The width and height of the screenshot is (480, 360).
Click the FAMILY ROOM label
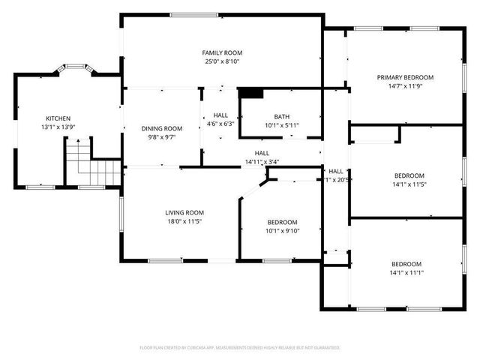pos(222,52)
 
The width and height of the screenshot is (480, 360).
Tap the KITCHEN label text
pos(58,118)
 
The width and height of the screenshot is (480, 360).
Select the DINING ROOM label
pos(162,128)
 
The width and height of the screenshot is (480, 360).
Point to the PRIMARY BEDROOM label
pos(405,77)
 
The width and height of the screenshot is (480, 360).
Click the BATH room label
pos(281,116)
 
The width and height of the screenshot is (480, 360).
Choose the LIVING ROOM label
pos(184,212)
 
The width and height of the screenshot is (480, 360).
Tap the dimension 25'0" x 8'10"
pos(222,62)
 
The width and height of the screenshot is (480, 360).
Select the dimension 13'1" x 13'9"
pos(58,128)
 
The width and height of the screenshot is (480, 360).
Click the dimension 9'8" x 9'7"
pos(162,138)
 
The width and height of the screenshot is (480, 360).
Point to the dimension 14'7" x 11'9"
pos(405,87)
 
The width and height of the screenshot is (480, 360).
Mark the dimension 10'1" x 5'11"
pos(281,125)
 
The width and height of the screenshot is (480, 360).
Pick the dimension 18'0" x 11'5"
pos(184,221)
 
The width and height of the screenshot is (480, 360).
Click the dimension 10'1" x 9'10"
pos(283,232)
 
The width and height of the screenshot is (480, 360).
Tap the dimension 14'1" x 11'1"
pos(406,273)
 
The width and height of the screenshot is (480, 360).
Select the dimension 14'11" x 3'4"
pos(262,162)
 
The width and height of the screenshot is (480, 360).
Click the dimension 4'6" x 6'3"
pos(220,124)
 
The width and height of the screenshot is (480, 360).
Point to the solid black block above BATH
pos(251,93)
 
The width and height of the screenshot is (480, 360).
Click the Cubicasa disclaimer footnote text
pos(240,348)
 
